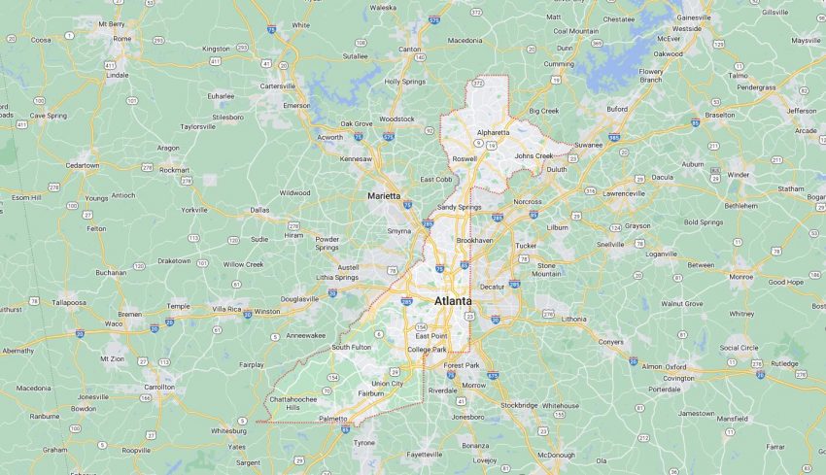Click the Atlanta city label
coord(453,304)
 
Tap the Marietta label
coord(385,196)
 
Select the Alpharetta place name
coord(493,132)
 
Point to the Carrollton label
coord(159,387)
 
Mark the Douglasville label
coord(298,299)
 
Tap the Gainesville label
coord(694,17)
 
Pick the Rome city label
coord(121,38)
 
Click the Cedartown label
coord(82,165)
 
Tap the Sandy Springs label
coord(460,207)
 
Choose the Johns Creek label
coord(533,155)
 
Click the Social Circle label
coord(739,347)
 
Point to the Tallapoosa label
coord(69,302)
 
